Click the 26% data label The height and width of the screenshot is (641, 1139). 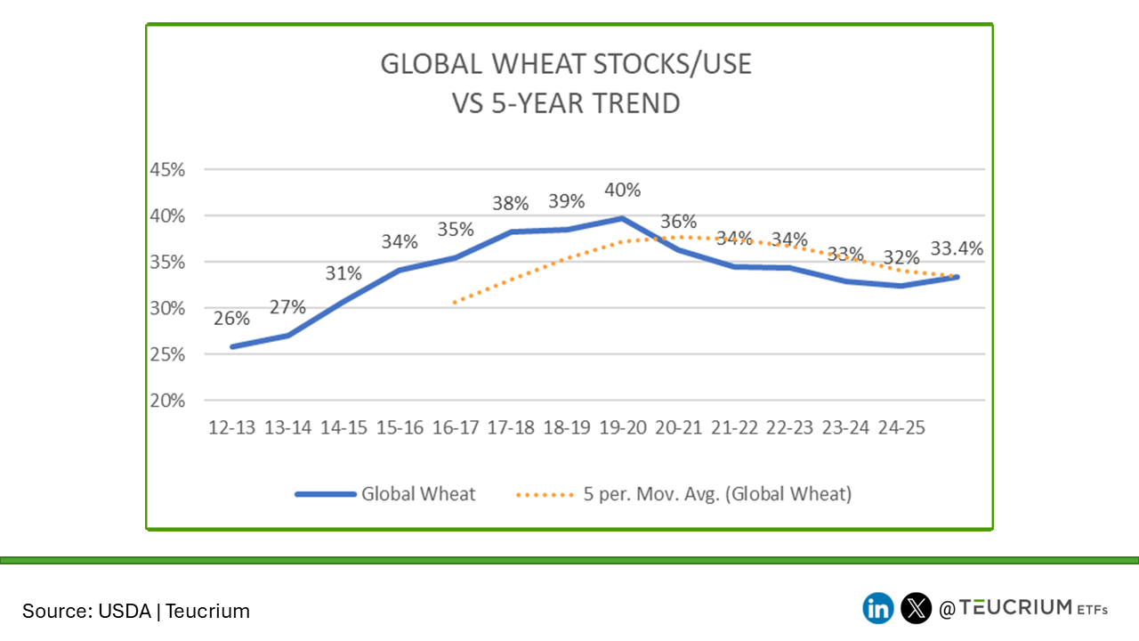click(x=230, y=318)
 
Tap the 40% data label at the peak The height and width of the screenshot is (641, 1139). click(x=622, y=190)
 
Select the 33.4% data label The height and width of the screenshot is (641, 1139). click(x=957, y=248)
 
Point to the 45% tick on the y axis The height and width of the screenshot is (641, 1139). click(x=167, y=170)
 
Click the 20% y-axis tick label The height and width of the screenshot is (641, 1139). click(x=167, y=401)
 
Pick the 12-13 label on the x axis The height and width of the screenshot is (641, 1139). click(x=231, y=427)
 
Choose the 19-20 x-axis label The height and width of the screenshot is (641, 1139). click(x=622, y=427)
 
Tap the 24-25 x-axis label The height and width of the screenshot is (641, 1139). click(x=901, y=427)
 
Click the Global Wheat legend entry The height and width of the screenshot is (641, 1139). click(x=417, y=494)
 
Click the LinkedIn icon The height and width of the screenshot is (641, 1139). click(x=878, y=608)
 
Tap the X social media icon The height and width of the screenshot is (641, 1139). click(x=916, y=608)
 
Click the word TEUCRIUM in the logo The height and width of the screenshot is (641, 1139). click(x=1018, y=607)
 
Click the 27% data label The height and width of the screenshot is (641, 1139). click(x=287, y=307)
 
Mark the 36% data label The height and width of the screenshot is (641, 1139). click(x=678, y=222)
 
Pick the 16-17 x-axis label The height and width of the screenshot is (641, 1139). click(x=455, y=427)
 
